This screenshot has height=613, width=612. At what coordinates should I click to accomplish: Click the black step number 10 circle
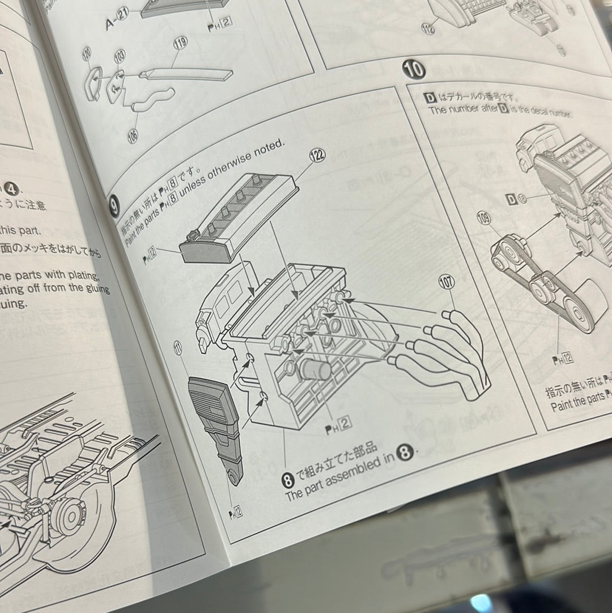point(414,70)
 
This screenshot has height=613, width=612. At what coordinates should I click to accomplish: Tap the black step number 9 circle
point(114,207)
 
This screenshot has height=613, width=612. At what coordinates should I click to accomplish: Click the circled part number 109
point(483,218)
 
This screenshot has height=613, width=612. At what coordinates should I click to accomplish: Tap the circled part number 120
point(87,55)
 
